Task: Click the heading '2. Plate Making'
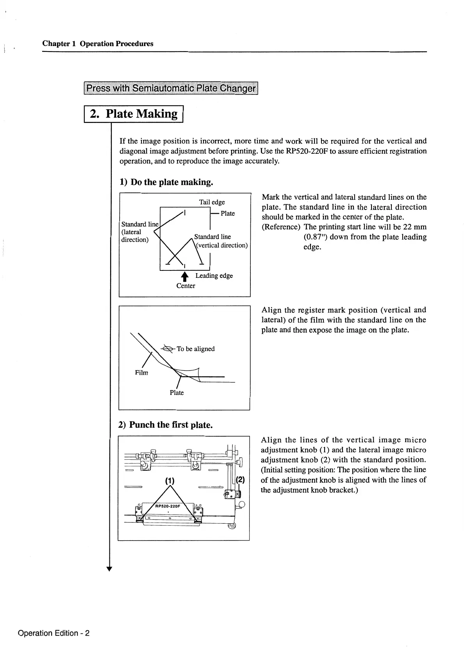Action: click(x=134, y=114)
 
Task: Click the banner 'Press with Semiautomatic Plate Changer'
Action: click(x=171, y=88)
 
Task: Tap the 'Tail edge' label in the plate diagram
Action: click(x=212, y=202)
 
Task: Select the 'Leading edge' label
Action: click(x=214, y=276)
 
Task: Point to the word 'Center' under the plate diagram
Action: click(x=186, y=286)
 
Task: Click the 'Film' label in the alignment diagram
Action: click(x=141, y=373)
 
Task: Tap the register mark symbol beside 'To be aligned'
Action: click(x=168, y=349)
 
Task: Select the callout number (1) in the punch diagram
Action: click(x=169, y=480)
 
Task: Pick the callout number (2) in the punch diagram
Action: click(x=240, y=480)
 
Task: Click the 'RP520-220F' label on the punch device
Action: click(x=167, y=506)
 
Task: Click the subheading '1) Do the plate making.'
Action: click(x=166, y=182)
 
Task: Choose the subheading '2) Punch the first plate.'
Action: click(x=165, y=425)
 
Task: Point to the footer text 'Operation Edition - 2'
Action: click(x=54, y=633)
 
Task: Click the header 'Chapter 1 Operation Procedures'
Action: click(x=98, y=44)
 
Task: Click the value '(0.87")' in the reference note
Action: click(x=315, y=237)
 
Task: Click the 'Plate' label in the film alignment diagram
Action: click(x=177, y=393)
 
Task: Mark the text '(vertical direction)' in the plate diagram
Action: click(x=222, y=245)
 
